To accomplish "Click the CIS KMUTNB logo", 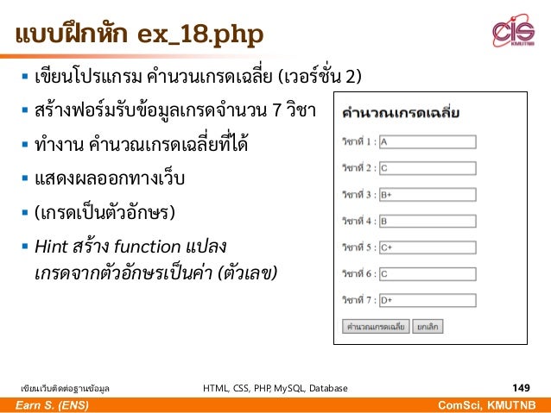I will pyautogui.click(x=513, y=32).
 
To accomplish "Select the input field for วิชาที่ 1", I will pyautogui.click(x=427, y=141).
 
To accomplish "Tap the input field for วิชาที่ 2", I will pyautogui.click(x=427, y=168).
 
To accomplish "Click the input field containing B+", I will pyautogui.click(x=427, y=195).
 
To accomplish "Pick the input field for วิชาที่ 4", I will pyautogui.click(x=427, y=221).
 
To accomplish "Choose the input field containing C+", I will pyautogui.click(x=427, y=247).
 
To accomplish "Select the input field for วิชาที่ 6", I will pyautogui.click(x=427, y=274).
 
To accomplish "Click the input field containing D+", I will pyautogui.click(x=427, y=301).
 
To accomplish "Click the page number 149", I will pyautogui.click(x=521, y=388).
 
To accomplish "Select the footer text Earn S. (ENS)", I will pyautogui.click(x=43, y=405).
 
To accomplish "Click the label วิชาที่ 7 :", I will pyautogui.click(x=358, y=301).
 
